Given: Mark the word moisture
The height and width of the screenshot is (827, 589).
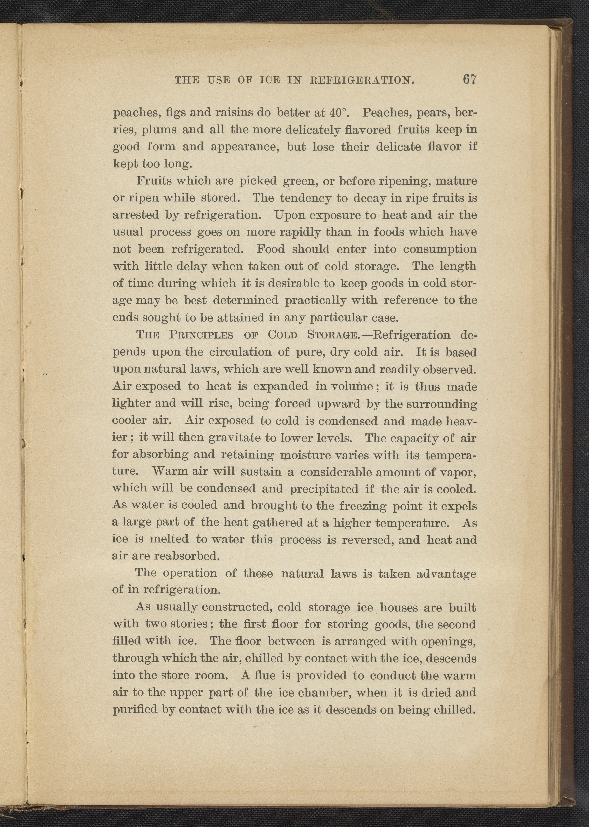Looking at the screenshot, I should [303, 455].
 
